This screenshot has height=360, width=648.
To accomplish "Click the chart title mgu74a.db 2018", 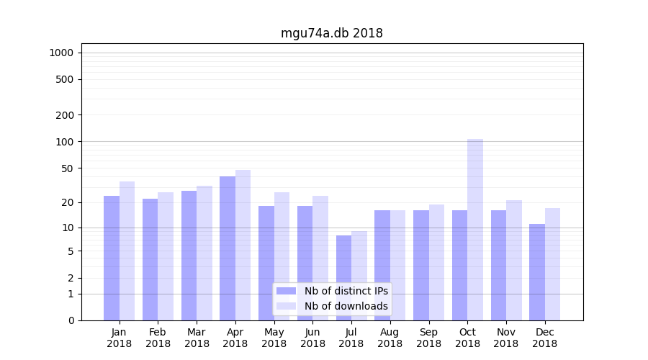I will pos(331,33).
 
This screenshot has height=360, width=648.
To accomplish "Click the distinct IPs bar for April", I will pos(228,248).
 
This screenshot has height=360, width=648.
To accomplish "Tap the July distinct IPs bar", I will pos(343,277).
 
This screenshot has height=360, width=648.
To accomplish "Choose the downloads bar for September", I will pos(436,262).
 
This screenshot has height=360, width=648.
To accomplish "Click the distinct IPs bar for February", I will pos(150,259).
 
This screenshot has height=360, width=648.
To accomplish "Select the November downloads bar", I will pos(514,260).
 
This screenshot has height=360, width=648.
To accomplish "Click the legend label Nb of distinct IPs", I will pos(346,291).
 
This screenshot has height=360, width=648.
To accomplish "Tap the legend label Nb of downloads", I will pos(346,306).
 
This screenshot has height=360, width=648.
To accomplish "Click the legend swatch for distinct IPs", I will pos(286,291).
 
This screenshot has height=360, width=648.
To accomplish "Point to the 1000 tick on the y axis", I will pos(61,53).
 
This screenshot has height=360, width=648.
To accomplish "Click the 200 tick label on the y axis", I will pos(65,115).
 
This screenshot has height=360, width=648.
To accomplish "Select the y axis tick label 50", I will pos(67,168).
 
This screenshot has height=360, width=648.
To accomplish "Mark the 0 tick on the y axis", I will pos(71,320).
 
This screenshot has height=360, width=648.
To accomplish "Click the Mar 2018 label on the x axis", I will pos(197,338).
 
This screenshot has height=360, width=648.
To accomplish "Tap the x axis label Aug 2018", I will pos(390,338).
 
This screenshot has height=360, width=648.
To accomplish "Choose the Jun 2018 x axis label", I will pos(312,338).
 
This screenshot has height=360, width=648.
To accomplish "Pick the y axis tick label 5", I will pos(71,251).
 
